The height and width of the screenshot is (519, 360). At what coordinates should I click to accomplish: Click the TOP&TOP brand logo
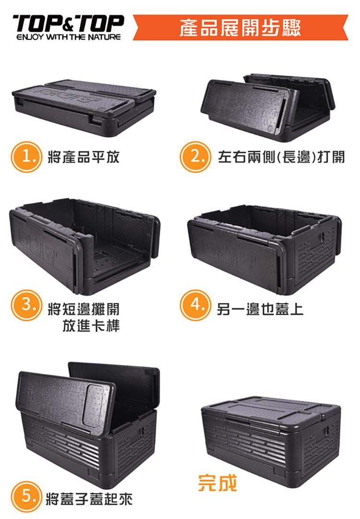[x=69, y=24]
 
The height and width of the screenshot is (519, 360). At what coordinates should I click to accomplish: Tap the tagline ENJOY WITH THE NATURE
[x=69, y=37]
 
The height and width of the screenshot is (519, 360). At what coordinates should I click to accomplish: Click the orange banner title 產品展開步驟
[x=240, y=28]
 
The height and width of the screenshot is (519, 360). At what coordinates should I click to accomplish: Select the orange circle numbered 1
[x=26, y=157]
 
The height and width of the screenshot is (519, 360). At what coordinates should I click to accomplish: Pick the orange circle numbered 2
[x=195, y=157]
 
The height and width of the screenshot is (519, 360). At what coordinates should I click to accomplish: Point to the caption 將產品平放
[x=84, y=157]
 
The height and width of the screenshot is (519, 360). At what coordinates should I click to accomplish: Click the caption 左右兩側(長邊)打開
[x=281, y=157]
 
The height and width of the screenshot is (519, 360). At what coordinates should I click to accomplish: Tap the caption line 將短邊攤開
[x=84, y=309]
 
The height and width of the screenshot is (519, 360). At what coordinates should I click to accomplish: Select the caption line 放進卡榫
[x=91, y=325]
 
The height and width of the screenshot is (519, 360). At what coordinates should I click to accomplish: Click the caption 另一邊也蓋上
[x=260, y=309]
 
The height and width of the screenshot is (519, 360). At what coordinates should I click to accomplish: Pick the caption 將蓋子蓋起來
[x=89, y=499]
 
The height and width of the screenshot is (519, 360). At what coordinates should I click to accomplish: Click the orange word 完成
[x=217, y=483]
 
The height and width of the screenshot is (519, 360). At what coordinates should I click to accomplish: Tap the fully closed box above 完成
[x=271, y=442]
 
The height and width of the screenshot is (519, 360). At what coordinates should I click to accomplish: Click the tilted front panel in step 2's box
[x=243, y=104]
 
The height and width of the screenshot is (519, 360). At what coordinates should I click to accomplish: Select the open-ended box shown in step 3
[x=84, y=246]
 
